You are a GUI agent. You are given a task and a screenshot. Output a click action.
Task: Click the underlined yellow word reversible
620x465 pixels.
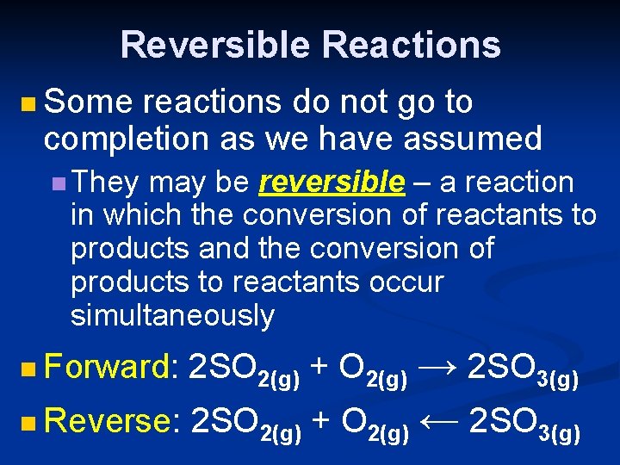[x=332, y=183]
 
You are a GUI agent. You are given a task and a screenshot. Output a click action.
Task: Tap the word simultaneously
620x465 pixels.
[x=171, y=316]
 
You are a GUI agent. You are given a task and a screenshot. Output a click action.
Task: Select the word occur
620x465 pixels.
[x=404, y=282]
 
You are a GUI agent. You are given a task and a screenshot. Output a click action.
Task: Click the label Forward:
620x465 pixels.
[x=111, y=368]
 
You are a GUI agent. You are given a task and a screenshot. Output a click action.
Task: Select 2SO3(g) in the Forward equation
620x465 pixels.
[x=522, y=370]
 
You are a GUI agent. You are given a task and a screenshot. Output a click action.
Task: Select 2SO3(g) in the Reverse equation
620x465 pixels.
[x=524, y=425]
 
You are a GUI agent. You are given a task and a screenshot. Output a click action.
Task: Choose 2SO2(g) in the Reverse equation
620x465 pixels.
[x=245, y=425]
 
